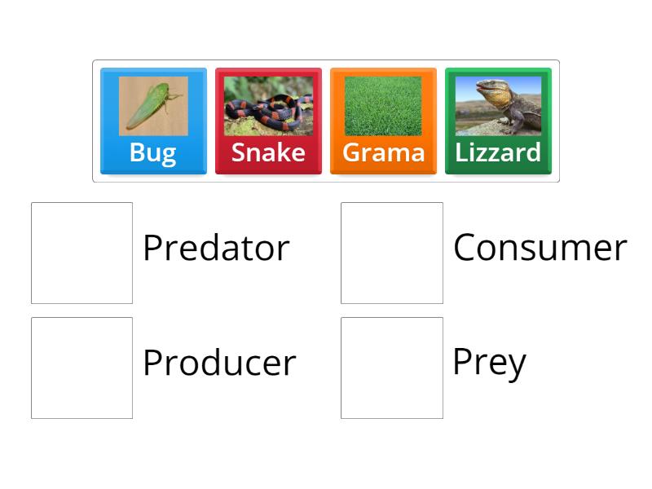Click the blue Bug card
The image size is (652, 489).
pos(153,121)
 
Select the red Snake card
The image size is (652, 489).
pos(268,121)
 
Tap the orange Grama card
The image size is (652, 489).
pos(383,121)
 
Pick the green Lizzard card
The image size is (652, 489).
pos(498,121)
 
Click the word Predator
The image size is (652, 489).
pos(216,248)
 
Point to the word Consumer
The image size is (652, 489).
pos(540,248)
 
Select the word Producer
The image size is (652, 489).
pos(218,363)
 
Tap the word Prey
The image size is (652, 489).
pos(489,363)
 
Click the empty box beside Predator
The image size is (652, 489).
pos(81,253)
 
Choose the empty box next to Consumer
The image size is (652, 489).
pos(392,253)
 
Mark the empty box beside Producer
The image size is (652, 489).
pos(81,368)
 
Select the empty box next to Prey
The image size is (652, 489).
pos(392,368)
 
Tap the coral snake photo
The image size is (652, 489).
pos(268,106)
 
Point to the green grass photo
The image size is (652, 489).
pos(383,106)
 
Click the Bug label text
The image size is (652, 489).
pos(153,152)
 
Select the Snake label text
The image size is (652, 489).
pos(268,152)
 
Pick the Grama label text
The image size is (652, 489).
pos(383,152)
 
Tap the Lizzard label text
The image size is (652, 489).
pos(498,152)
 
